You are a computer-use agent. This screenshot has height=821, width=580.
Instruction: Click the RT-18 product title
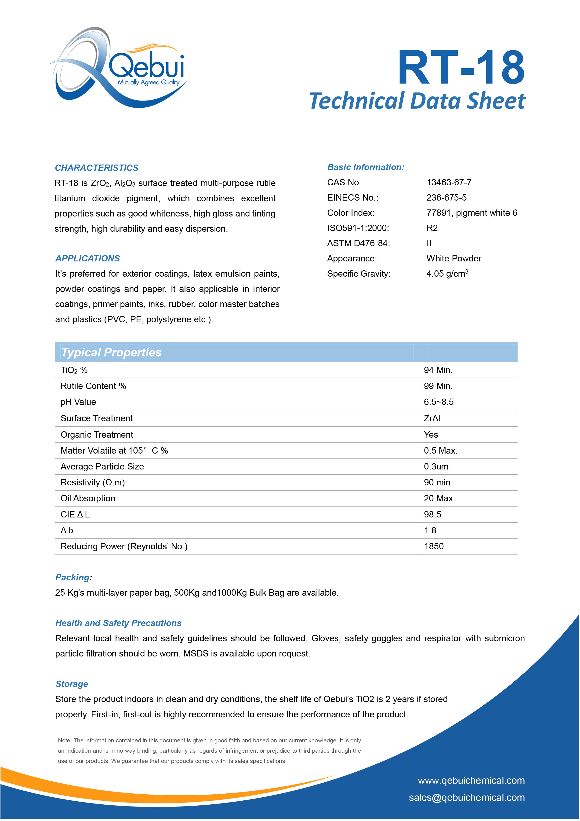coord(461,68)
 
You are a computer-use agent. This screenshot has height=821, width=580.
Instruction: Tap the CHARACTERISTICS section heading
coord(97,168)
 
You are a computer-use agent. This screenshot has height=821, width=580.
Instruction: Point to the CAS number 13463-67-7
coord(449,182)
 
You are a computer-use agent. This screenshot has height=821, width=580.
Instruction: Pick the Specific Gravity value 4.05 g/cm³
coord(447,274)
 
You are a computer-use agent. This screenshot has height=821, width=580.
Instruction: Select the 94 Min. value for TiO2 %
coord(438,370)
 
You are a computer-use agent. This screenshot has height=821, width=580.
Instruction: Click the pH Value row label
coord(78,402)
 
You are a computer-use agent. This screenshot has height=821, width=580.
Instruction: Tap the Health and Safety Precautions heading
coord(118,623)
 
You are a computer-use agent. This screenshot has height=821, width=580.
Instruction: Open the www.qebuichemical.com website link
coord(471,780)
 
